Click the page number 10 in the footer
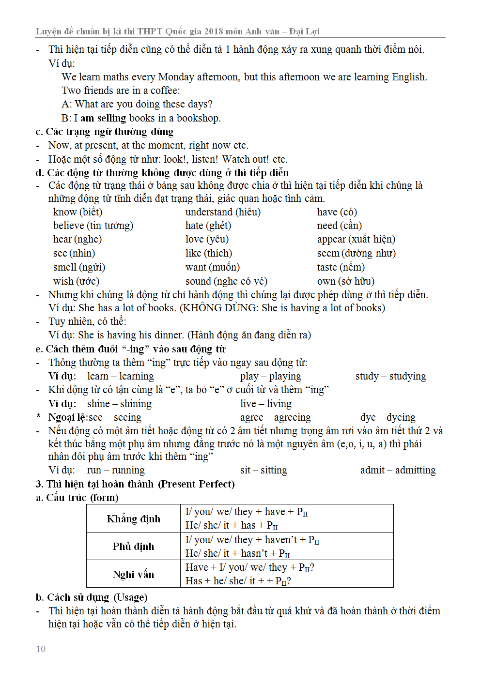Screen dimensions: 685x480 [x=41, y=649]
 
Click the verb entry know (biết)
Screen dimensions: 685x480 [x=77, y=212]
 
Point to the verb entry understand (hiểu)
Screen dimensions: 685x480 [x=223, y=212]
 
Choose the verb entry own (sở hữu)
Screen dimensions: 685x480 [x=345, y=281]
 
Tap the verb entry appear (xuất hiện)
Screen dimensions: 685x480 [x=356, y=239]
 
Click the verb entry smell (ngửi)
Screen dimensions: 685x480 [x=79, y=267]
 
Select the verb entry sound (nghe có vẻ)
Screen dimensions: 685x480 [x=226, y=281]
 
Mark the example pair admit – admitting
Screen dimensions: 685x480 [x=398, y=470]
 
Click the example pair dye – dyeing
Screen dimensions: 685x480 [x=387, y=417]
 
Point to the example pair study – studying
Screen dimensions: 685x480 [x=390, y=376]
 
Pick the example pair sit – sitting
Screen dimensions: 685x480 [x=263, y=470]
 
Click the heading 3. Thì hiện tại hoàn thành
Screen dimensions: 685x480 [x=135, y=484]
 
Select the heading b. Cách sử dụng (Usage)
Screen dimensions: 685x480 [x=92, y=597]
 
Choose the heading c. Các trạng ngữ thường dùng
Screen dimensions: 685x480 [x=104, y=131]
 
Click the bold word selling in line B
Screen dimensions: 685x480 [x=111, y=118]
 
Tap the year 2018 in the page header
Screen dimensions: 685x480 [x=214, y=31]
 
